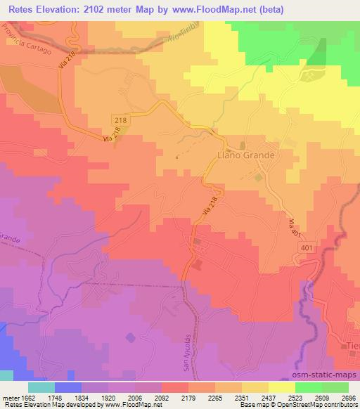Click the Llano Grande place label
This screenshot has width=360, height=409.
tap(245, 154)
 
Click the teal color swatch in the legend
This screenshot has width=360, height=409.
tap(41, 387)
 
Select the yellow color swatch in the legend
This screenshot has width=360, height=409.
tap(281, 387)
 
